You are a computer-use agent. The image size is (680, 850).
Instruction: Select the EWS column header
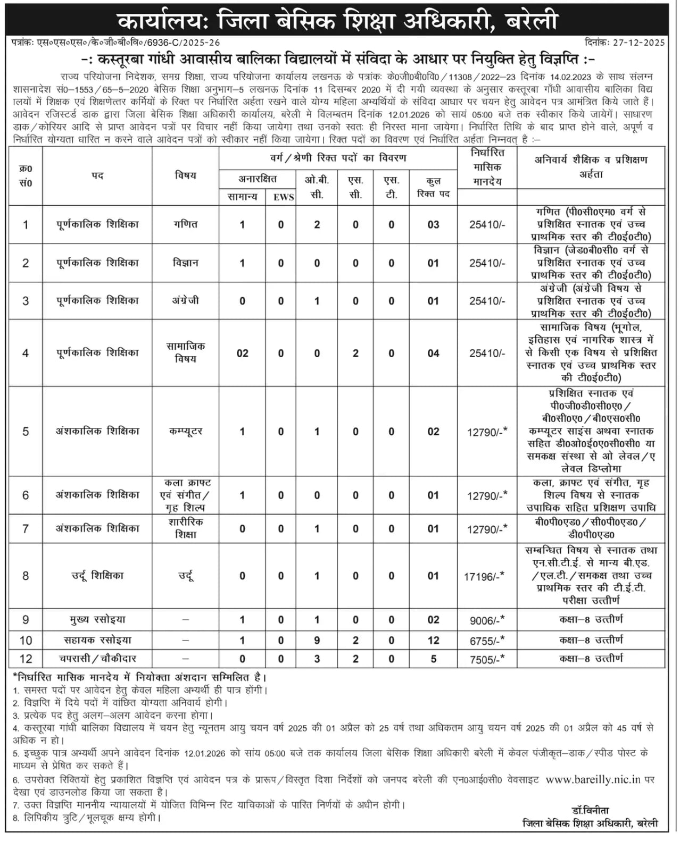(x=283, y=197)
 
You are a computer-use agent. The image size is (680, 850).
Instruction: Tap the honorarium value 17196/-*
(x=484, y=576)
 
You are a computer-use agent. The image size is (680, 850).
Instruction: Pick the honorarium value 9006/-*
(x=486, y=620)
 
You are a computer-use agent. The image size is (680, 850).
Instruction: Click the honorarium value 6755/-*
(x=486, y=641)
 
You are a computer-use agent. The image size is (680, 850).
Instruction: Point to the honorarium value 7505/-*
(x=486, y=659)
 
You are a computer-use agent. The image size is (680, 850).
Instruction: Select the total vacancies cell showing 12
(x=433, y=641)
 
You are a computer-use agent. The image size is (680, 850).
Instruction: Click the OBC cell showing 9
(x=317, y=641)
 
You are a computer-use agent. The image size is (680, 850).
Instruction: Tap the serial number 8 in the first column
(x=25, y=576)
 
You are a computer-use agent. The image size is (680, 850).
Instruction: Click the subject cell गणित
(x=185, y=224)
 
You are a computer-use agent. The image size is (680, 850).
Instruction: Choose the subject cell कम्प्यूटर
(x=185, y=431)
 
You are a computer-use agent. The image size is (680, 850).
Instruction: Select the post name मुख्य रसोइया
(x=97, y=620)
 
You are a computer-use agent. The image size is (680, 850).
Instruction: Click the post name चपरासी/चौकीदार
(x=97, y=659)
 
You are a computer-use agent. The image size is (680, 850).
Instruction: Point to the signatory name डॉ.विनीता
(x=591, y=810)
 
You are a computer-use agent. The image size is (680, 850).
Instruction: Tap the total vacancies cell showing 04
(x=433, y=353)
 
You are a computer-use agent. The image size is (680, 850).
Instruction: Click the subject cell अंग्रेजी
(x=185, y=300)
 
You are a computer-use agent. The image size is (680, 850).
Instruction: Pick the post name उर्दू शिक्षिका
(x=97, y=576)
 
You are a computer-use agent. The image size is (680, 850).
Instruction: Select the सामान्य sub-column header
(x=242, y=197)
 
